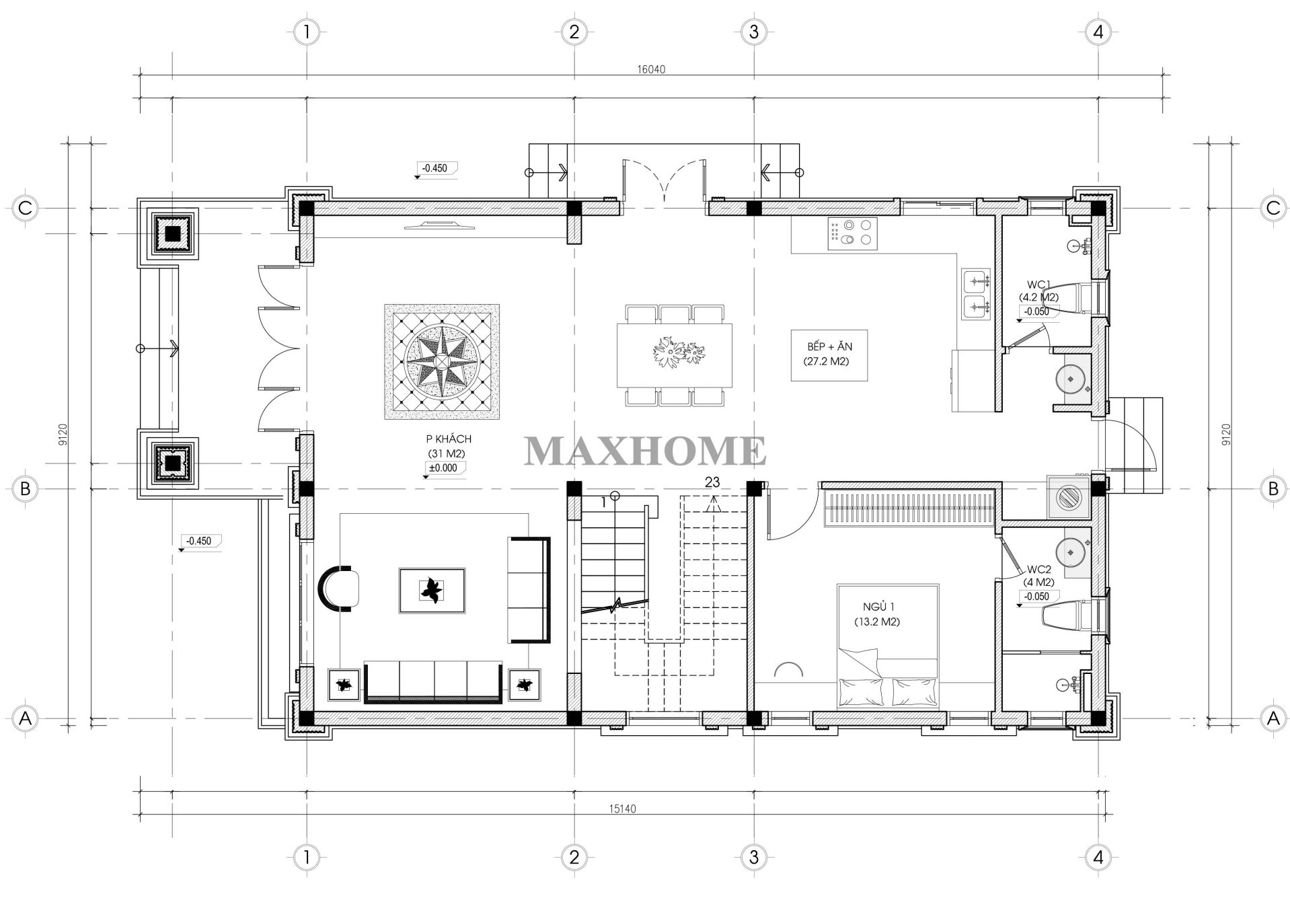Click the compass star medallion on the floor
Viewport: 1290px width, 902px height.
pos(442,361)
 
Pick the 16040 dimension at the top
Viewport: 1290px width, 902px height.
pos(650,69)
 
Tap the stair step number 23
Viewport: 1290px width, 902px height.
pos(712,482)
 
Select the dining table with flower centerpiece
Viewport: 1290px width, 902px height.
pos(675,354)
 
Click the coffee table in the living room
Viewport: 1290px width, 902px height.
pos(432,590)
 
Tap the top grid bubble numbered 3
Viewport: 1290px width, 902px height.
pos(753,32)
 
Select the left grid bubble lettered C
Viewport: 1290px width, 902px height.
pos(25,208)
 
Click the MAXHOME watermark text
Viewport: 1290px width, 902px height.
pos(644,451)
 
